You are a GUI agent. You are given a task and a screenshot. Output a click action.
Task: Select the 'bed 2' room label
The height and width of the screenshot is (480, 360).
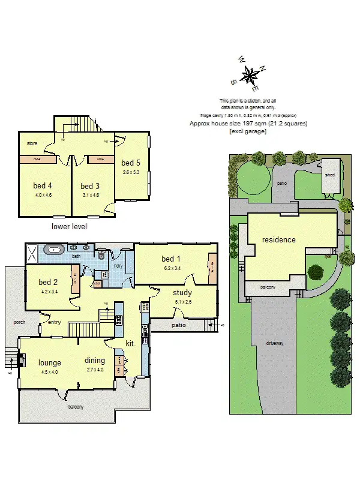48,282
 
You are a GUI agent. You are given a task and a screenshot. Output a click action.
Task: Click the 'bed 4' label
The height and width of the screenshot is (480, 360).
41,186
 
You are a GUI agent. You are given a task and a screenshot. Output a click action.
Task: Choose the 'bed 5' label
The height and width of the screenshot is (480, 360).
130,163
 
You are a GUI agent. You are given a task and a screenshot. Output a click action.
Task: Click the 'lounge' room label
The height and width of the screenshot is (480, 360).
50,362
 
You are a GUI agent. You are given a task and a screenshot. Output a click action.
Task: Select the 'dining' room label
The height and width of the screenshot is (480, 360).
94,361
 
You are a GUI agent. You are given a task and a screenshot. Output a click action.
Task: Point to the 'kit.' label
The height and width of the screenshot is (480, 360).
130,343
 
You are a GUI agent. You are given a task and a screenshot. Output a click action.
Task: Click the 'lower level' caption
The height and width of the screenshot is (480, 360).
70,227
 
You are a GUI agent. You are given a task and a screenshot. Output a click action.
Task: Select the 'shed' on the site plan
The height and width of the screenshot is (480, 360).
329,175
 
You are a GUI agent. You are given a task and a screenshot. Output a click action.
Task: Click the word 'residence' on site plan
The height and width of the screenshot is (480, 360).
278,240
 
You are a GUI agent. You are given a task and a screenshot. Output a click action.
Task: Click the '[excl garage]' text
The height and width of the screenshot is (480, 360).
248,131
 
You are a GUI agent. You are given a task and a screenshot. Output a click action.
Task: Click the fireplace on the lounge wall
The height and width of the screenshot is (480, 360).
20,361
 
